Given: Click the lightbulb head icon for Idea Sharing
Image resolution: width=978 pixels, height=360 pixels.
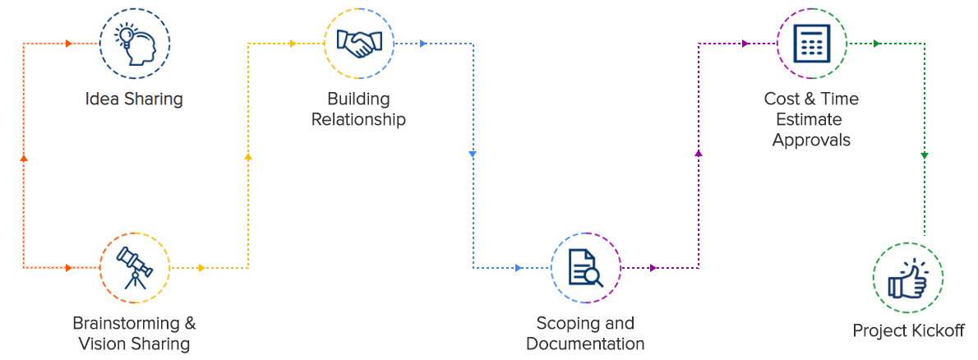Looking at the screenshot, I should click(134, 43).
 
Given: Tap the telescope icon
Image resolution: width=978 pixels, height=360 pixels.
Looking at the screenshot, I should click(134, 267).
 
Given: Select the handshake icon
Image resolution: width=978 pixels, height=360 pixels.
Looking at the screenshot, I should click(359, 43).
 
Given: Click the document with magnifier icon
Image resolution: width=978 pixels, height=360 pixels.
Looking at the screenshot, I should click(585, 267).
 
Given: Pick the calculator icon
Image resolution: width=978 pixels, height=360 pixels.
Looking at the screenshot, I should click(811, 43).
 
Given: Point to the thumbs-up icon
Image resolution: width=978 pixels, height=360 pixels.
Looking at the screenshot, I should click(907, 278).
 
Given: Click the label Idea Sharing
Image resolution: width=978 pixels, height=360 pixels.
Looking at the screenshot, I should click(134, 99).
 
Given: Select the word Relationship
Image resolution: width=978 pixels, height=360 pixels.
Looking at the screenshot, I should click(358, 120).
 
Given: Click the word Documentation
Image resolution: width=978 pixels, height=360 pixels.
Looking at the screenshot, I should click(585, 344).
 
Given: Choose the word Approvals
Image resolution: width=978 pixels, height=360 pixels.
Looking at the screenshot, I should click(811, 140).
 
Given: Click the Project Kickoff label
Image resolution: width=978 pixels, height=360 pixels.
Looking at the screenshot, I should click(908, 331).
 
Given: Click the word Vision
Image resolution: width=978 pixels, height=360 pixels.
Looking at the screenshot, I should click(103, 344).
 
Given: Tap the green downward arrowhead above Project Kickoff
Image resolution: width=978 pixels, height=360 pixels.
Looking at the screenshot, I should click(925, 155).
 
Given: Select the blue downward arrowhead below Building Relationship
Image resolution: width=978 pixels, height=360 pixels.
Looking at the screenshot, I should click(473, 155).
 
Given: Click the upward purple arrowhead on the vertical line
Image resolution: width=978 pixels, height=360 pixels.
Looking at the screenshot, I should click(699, 153).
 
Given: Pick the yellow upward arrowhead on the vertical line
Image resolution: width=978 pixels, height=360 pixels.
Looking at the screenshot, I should click(248, 155).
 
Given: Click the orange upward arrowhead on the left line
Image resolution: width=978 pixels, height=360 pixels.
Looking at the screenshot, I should click(23, 157).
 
